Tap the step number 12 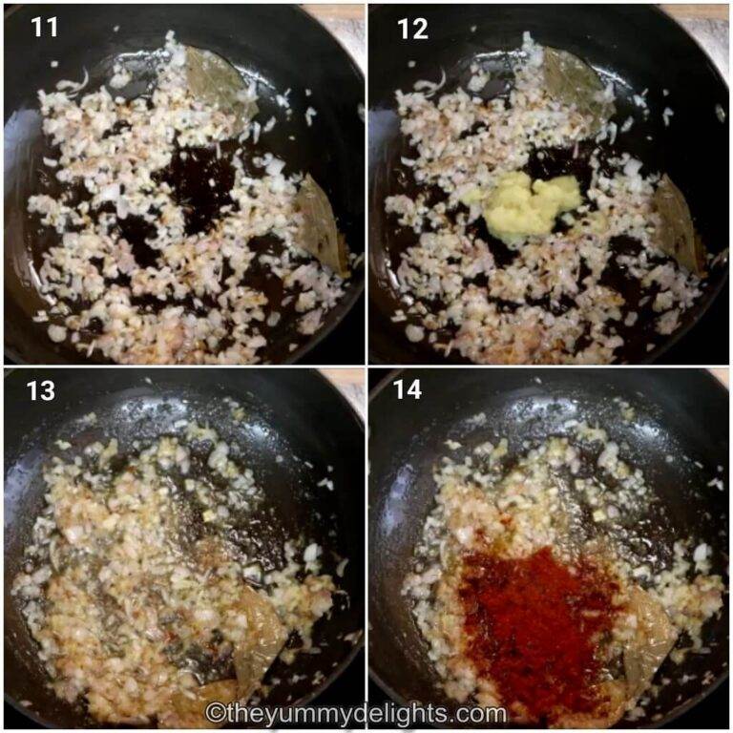coord(412,29)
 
